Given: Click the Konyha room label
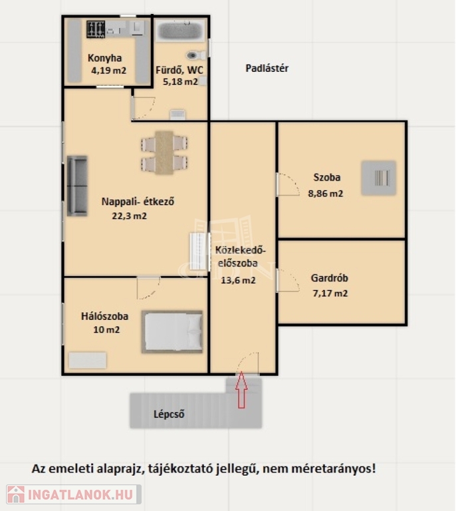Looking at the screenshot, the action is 104,58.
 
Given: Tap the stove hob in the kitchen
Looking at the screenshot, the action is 96,29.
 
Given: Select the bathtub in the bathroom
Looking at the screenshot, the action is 181,31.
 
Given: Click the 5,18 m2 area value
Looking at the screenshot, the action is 180,81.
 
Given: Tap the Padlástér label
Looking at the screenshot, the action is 267,69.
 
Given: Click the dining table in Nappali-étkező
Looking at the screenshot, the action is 164,152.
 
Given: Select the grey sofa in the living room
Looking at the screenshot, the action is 77,186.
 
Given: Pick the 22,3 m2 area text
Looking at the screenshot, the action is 129,216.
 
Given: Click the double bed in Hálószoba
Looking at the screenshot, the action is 172,332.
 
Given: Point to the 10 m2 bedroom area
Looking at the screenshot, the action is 106,330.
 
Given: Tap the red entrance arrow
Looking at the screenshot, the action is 241,390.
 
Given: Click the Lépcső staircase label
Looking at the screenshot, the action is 169,415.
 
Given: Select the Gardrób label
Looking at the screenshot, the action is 330,278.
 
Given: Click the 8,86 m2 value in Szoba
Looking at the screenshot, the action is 326,194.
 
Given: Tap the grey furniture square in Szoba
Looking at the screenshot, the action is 378,178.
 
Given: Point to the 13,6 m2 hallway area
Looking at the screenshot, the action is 238,280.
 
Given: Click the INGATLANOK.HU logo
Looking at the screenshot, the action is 74,494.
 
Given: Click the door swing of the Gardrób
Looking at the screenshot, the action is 289,280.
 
